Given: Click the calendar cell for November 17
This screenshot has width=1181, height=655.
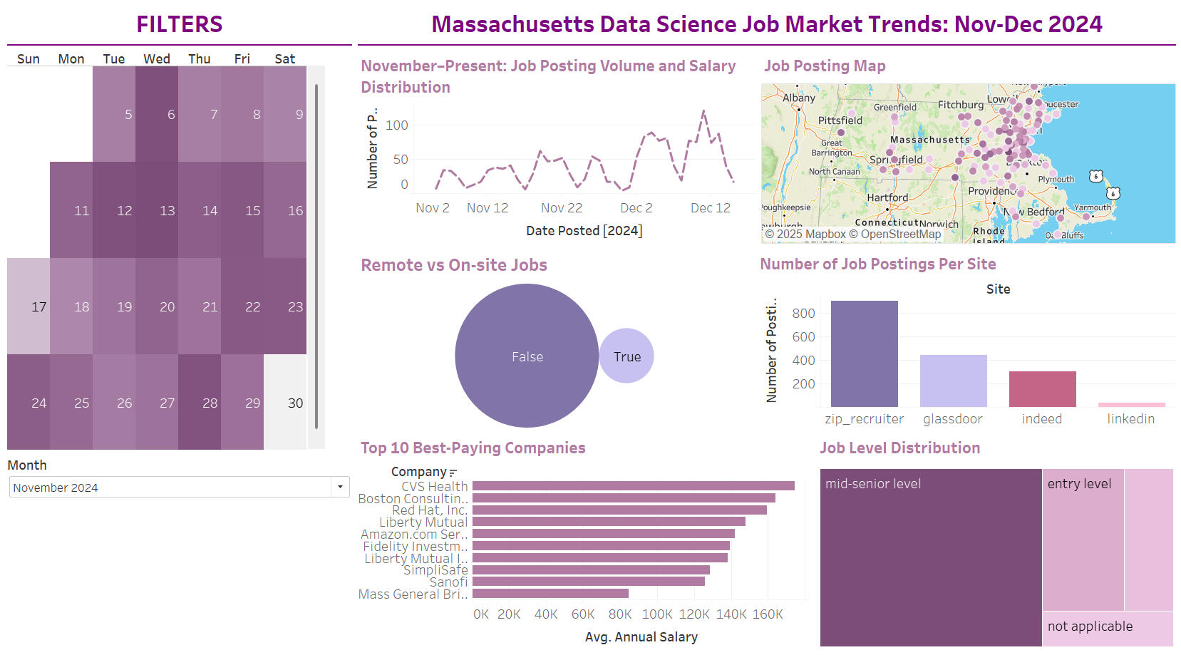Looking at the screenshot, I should [x=29, y=306].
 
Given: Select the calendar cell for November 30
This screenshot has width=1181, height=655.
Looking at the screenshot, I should [x=285, y=403].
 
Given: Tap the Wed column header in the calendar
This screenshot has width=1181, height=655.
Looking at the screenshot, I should [x=157, y=59].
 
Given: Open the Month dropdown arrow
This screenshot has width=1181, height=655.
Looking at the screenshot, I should [x=340, y=488].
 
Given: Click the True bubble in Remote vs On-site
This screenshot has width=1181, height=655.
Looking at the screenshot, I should [x=626, y=356].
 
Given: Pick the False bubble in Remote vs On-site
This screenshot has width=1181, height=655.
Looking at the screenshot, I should [x=527, y=356].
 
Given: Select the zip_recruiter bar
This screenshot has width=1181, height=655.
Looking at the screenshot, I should [x=864, y=354].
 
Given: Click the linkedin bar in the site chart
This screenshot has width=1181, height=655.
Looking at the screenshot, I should [x=1131, y=404].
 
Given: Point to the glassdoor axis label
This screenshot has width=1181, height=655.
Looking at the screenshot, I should [x=952, y=419].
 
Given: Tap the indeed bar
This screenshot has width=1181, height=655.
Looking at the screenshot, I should [x=1042, y=389].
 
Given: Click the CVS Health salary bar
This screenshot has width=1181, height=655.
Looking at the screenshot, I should [x=633, y=486].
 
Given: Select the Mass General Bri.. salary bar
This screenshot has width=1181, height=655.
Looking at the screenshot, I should [x=550, y=594].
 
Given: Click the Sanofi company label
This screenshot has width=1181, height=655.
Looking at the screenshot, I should [x=448, y=582].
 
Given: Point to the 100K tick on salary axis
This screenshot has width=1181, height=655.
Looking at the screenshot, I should [x=656, y=614].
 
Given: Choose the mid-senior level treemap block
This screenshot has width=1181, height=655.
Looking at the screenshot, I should [x=930, y=557].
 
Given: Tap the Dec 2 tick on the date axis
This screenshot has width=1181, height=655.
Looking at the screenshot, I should [x=636, y=208].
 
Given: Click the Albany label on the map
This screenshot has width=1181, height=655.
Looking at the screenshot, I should [x=798, y=98].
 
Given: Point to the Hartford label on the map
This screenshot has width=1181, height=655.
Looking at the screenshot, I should [x=887, y=197].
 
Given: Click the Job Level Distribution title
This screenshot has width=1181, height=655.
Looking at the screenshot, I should [x=899, y=448].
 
